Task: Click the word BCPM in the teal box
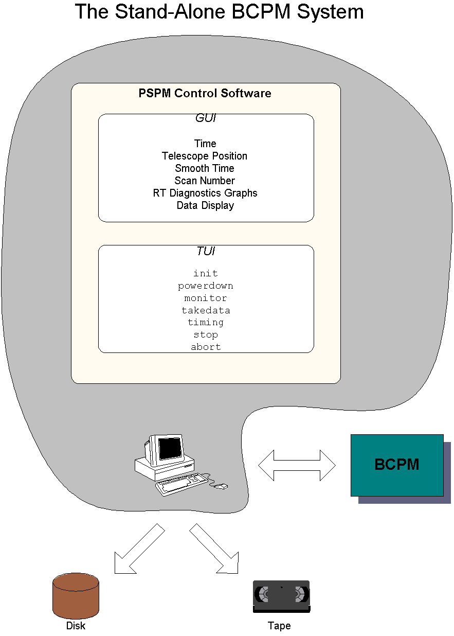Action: pos(397,465)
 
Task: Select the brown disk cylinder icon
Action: pos(76,596)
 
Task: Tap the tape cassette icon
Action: pos(281,596)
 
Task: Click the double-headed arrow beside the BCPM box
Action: pos(297,465)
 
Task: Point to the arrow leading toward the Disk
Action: pos(140,549)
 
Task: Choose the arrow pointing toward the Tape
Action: pos(214,549)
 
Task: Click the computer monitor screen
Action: pos(170,449)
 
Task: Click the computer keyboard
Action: pos(182,484)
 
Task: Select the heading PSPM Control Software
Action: pos(205,93)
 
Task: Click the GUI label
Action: pos(206,118)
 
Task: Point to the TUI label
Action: pos(206,251)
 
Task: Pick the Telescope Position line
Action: pos(205,156)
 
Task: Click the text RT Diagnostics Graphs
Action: pos(205,193)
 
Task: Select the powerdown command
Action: pos(206,286)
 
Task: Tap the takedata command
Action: pos(206,310)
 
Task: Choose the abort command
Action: pos(206,347)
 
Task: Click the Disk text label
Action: pos(76,626)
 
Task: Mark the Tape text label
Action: pos(279,626)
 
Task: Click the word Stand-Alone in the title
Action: pos(170,12)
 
